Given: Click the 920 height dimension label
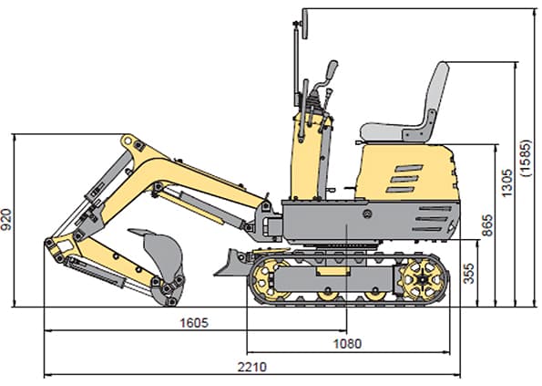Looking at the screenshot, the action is [x=5, y=219].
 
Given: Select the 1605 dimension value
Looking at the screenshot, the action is [x=194, y=323].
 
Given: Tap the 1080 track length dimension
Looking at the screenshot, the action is [x=347, y=344].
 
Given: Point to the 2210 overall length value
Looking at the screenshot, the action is [x=252, y=367].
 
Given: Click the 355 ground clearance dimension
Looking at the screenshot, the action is [x=468, y=274].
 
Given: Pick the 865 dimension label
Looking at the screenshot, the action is [x=487, y=225].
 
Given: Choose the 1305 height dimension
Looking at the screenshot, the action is [x=506, y=183].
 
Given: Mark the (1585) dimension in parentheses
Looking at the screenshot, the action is [x=526, y=158].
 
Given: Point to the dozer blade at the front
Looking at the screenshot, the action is [x=231, y=263].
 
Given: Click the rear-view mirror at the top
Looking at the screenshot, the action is [x=305, y=24].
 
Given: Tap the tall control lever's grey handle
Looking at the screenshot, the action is [x=332, y=69].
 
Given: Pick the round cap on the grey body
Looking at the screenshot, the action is [x=367, y=214].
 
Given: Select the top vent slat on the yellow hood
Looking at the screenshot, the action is [x=409, y=168].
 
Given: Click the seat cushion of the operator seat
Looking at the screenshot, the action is [x=391, y=132].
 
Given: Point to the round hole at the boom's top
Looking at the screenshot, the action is [x=128, y=141].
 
